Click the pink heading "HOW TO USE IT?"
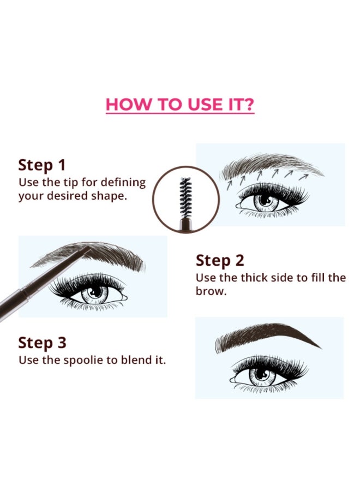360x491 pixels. [180, 104]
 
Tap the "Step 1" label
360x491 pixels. [41, 165]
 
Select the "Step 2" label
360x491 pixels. [220, 261]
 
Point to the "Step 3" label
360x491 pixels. [42, 343]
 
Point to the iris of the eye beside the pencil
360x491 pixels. [94, 293]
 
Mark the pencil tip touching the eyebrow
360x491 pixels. [89, 249]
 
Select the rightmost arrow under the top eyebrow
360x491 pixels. [303, 177]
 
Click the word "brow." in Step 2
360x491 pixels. [211, 291]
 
